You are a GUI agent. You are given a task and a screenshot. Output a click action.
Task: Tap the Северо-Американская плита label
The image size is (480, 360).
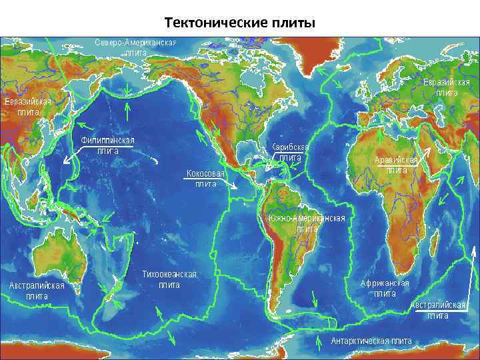135,47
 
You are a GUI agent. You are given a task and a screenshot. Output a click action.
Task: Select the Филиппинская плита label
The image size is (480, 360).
107,145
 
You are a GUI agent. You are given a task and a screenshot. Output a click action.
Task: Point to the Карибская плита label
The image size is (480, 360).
290,152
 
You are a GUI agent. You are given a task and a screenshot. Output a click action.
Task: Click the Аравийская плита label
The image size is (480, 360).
396,165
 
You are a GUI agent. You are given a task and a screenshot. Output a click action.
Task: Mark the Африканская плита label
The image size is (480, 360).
385,288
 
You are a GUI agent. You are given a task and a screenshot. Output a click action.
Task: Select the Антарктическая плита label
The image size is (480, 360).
371,341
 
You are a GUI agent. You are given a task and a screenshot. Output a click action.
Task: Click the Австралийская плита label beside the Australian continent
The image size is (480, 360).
37,291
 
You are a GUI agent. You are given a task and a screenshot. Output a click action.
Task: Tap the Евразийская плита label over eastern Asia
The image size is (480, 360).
27,107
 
